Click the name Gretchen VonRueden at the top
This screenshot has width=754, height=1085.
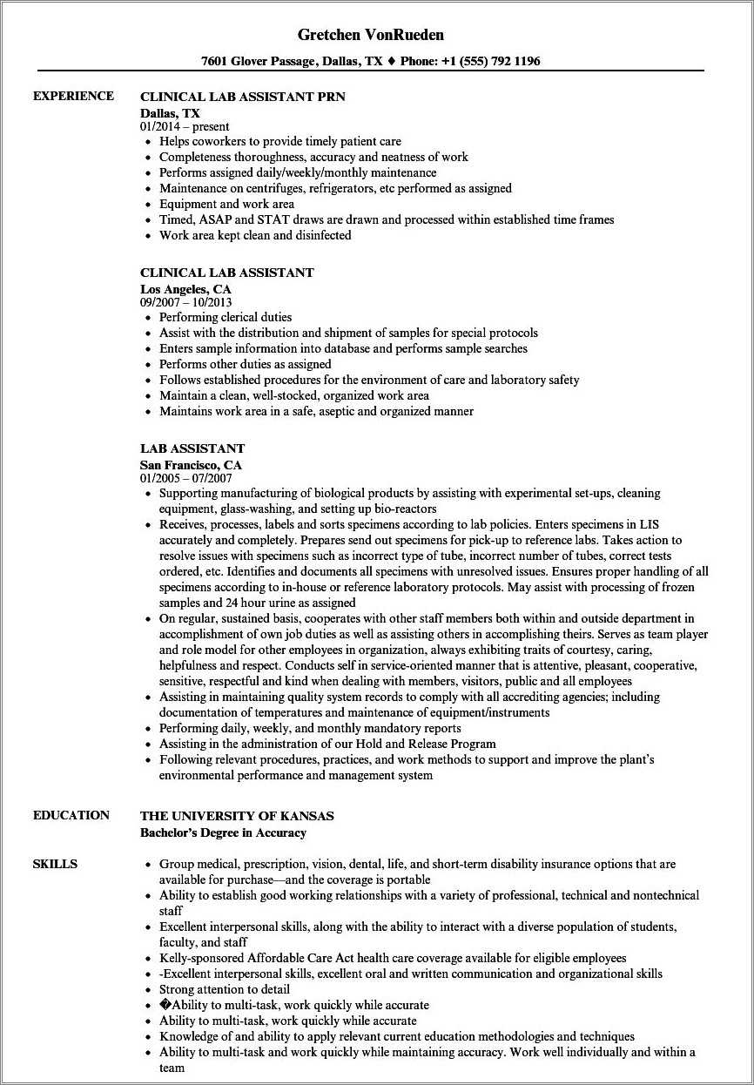click(x=371, y=35)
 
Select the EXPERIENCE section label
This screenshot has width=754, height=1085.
click(x=73, y=96)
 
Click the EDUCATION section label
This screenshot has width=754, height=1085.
click(x=71, y=815)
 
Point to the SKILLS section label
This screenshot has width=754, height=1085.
click(x=55, y=864)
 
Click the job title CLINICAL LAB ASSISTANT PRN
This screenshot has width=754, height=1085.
click(x=243, y=97)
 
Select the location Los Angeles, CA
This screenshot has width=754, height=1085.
click(x=186, y=288)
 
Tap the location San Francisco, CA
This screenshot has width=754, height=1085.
click(x=191, y=465)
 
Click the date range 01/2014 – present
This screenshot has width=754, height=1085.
click(x=185, y=126)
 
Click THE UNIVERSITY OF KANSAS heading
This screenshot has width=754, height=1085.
click(x=237, y=816)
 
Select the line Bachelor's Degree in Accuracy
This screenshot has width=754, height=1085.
click(x=223, y=832)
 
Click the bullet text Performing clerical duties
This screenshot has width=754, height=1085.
click(x=226, y=317)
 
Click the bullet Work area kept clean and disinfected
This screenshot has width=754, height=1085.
click(x=255, y=235)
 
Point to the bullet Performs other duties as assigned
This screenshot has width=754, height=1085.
click(x=245, y=364)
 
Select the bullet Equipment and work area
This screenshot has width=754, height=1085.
click(x=226, y=204)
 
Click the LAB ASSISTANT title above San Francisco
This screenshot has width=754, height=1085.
click(x=192, y=448)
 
